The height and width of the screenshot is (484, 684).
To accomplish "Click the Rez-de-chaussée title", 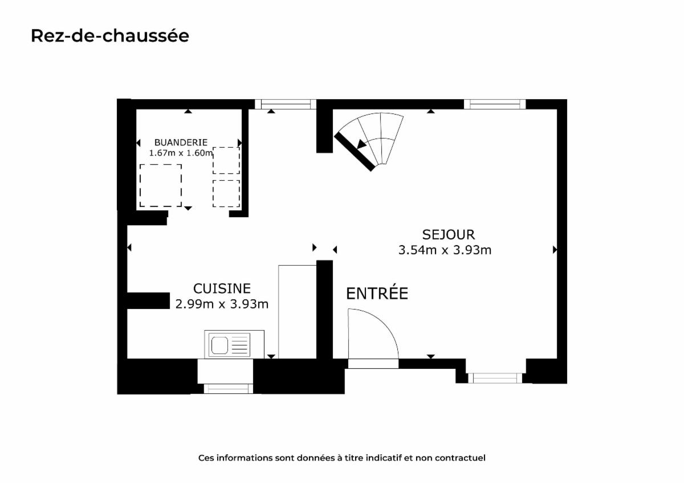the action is tap(110, 36).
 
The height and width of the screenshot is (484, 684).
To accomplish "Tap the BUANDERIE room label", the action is tap(181, 143).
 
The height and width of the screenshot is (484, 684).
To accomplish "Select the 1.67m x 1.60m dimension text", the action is tap(181, 153).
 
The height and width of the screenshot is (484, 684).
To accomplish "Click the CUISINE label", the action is tap(222, 288).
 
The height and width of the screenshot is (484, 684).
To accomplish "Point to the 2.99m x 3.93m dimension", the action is tap(222, 304).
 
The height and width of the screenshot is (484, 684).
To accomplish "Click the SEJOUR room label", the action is tap(449, 234).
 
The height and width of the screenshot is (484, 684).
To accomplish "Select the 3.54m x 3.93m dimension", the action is tap(445, 250).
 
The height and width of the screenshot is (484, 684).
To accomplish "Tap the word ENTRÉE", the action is tap(377, 293).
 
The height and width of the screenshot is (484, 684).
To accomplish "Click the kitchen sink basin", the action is tap(219, 345).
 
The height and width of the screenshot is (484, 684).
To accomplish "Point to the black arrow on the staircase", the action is tap(362, 144).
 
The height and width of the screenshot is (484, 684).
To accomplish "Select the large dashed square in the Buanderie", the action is tap(161, 186).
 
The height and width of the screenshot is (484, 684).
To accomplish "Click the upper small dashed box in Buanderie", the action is tap(226, 160).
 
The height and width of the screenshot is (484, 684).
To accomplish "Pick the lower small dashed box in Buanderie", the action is tap(226, 194).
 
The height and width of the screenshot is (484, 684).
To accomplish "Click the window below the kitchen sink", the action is tap(229, 389).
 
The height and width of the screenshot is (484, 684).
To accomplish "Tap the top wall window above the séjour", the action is tap(495, 104).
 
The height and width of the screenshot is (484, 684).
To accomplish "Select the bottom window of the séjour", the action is tap(495, 378).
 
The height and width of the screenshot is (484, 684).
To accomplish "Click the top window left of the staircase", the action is tap(286, 104).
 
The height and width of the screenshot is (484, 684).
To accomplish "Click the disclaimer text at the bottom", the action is tap(341, 458).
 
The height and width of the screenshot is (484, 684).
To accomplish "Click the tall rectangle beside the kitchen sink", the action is tap(298, 312).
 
